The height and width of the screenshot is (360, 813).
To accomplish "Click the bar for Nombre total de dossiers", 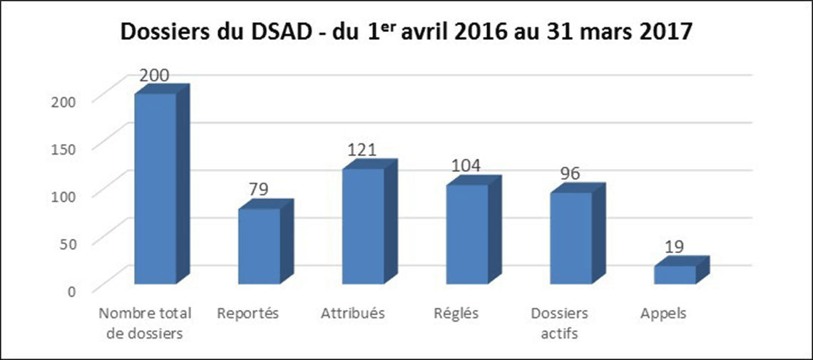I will (155, 189).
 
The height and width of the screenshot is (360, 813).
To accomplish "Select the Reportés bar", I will (260, 245).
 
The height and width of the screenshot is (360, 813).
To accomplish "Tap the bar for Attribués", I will (363, 225).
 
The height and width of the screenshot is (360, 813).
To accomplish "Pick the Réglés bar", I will (468, 233).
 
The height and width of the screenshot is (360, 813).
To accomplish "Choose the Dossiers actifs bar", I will (571, 237).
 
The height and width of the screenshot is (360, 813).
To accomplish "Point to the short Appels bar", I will (675, 274).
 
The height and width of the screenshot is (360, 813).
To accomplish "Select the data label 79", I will (260, 190).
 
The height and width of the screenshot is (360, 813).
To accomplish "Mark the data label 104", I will (466, 165).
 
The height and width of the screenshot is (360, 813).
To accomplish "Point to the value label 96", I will (570, 173).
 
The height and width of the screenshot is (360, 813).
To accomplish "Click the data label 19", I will (674, 247).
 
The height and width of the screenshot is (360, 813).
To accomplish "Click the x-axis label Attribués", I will (353, 313).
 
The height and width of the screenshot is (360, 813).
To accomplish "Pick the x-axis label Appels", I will (663, 313).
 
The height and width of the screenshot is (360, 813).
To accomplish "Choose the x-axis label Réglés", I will (456, 313).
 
